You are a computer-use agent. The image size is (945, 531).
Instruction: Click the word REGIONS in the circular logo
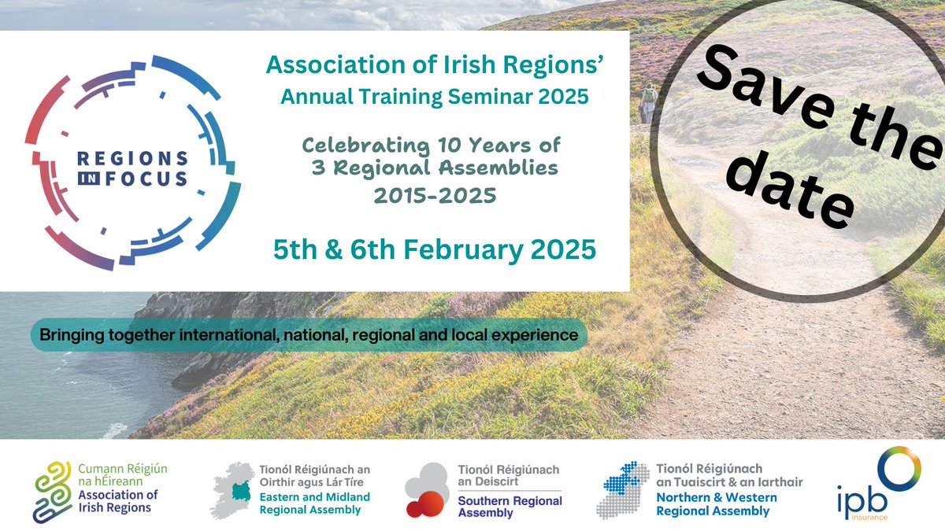[132, 159]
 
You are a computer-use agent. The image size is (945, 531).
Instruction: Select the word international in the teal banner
[232, 335]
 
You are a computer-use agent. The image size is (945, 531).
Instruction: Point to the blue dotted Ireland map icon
[624, 489]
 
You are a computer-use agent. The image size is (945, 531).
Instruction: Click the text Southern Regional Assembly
[510, 507]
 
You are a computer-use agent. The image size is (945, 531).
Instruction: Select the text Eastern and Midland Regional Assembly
[315, 503]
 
